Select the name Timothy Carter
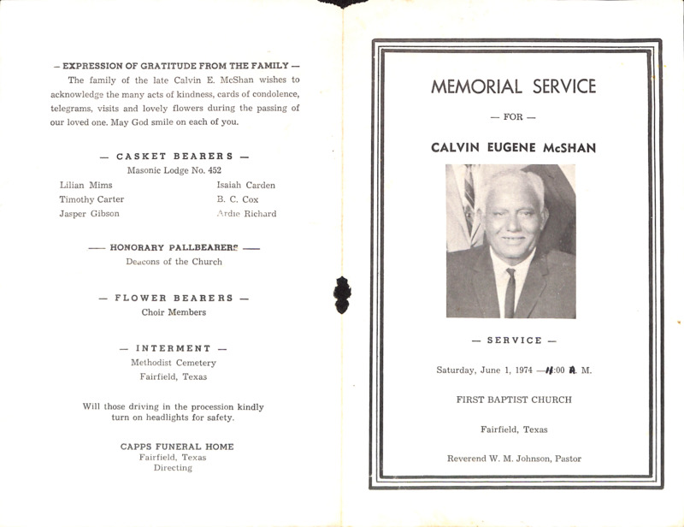pos(91,199)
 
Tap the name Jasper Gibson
pos(89,214)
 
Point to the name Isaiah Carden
pos(246,185)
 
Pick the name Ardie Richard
pos(246,214)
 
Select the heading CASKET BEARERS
pos(174,157)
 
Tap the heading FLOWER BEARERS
pos(174,298)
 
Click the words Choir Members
pos(174,312)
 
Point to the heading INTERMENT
pos(174,348)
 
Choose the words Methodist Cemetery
pos(174,363)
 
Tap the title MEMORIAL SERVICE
pos(514,86)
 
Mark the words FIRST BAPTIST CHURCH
pos(514,400)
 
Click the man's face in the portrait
pos(510,219)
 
